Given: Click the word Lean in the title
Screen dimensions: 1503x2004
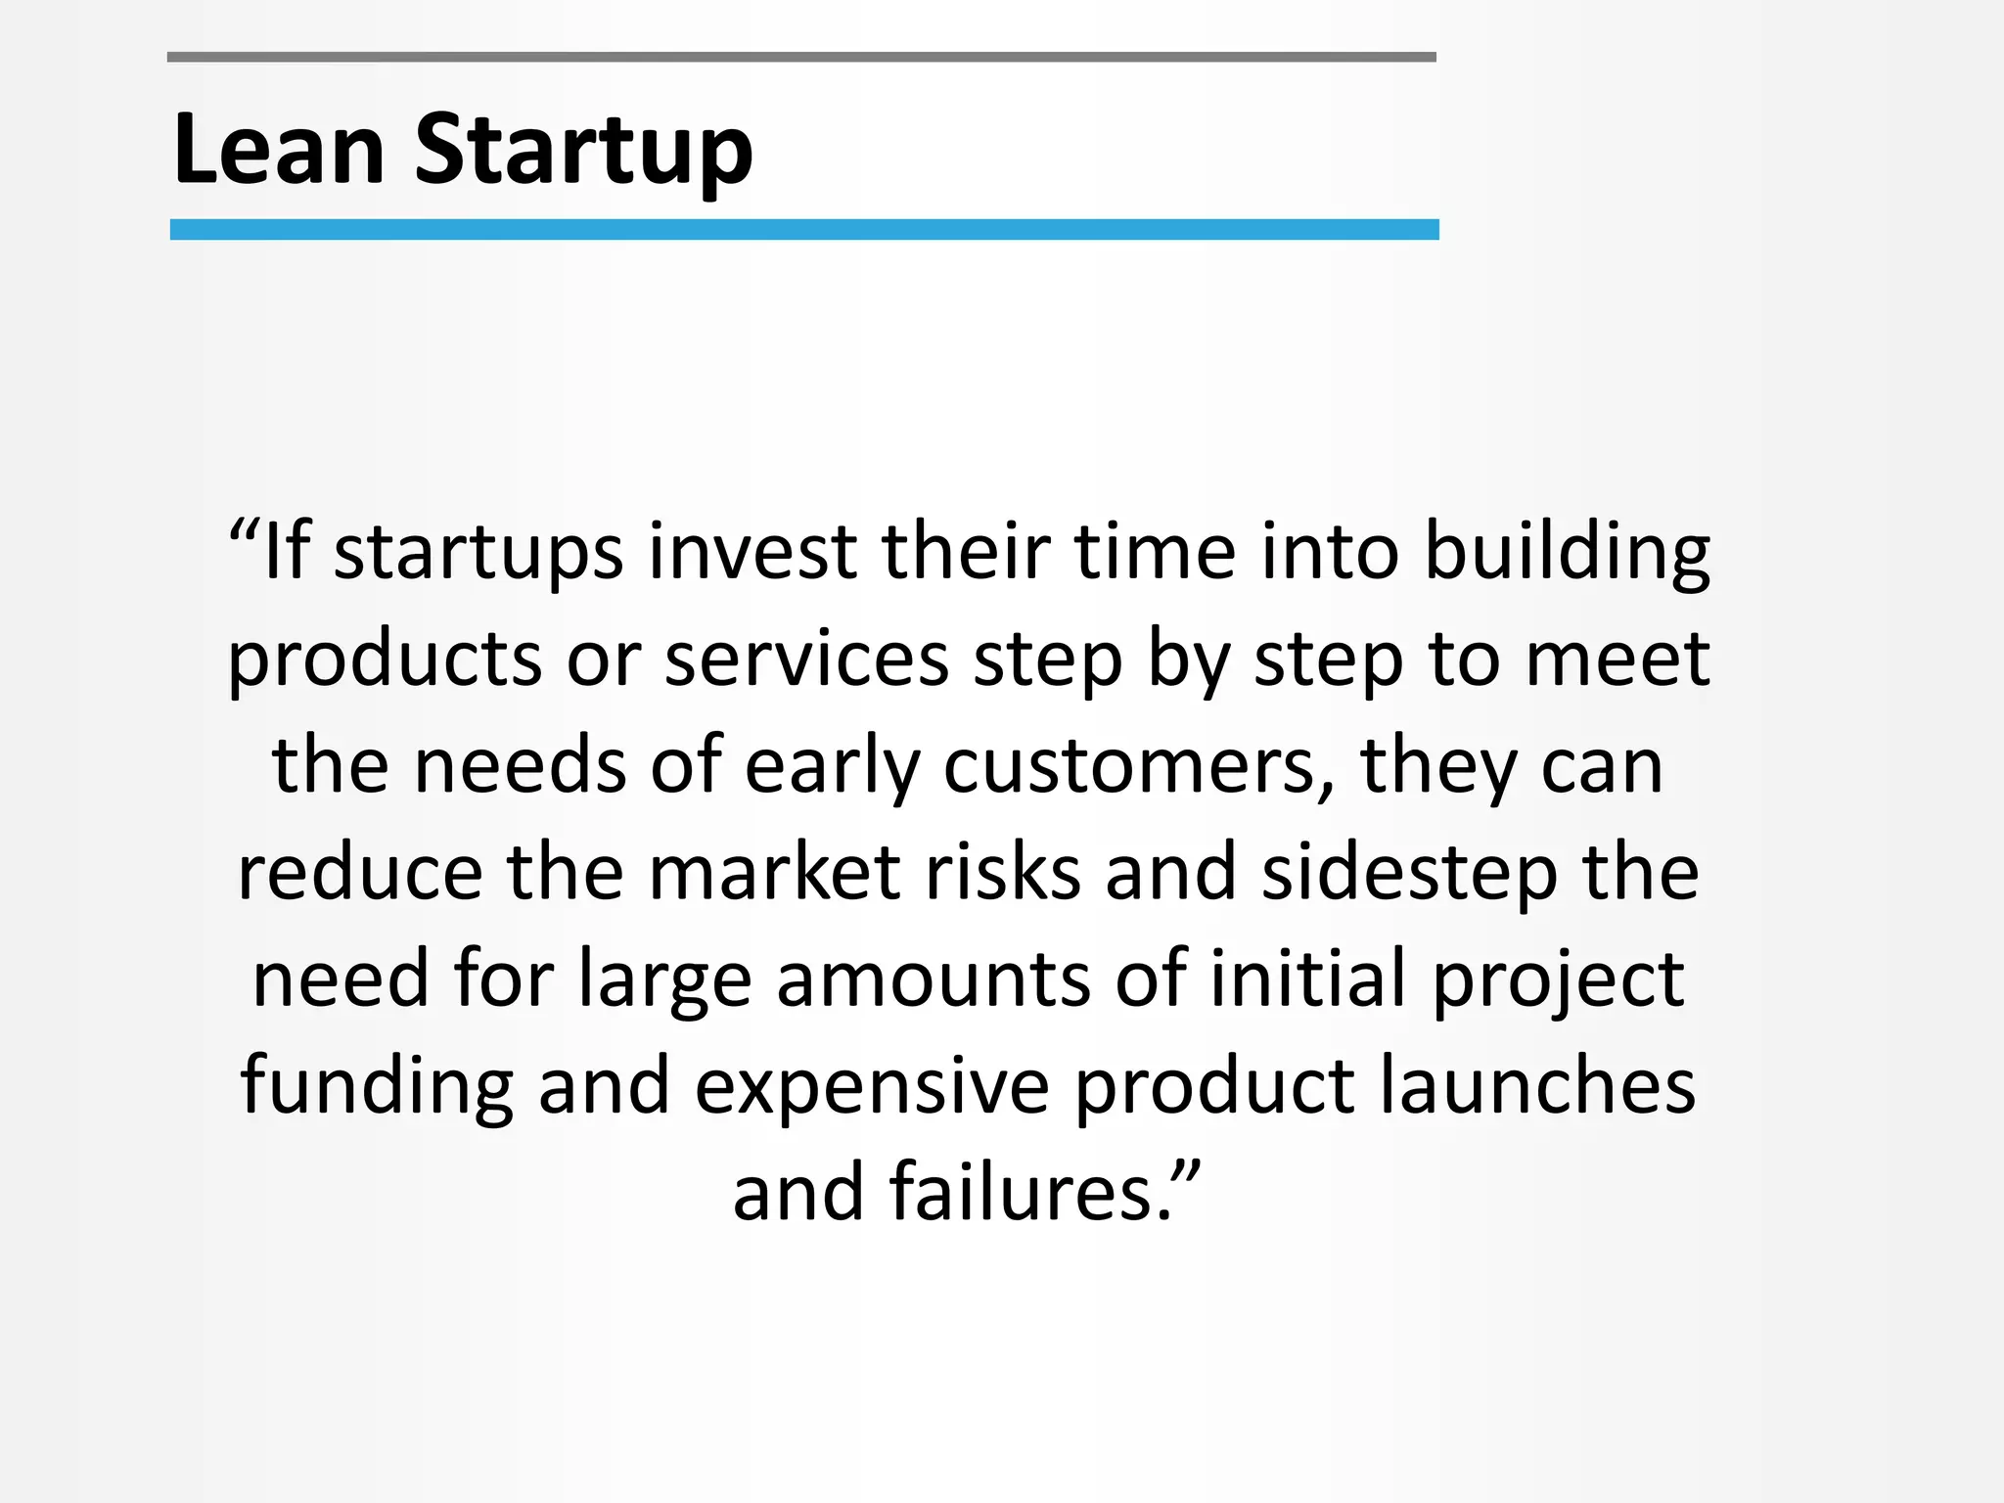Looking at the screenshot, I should pos(279,149).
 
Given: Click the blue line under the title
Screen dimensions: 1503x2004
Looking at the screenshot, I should pos(803,230).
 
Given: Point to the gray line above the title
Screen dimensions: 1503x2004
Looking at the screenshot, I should pos(801,58).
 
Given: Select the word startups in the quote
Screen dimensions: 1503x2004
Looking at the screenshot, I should pos(478,554).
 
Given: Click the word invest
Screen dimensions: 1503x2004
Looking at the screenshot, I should pos(752,552).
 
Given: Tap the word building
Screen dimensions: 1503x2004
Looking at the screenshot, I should pos(1567,554).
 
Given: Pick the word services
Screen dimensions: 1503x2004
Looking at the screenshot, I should pos(807,660).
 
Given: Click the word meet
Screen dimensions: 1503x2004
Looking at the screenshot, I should pos(1617,660).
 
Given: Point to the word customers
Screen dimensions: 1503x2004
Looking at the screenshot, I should pos(1139,767).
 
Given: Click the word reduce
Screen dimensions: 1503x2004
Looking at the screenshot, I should pos(360,873).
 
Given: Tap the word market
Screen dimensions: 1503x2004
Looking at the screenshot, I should pos(774,873).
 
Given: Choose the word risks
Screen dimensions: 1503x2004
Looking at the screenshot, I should pos(1003,873).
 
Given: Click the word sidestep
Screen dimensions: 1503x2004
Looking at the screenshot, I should pos(1409,875).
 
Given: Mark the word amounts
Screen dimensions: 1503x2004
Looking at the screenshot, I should pos(934,979).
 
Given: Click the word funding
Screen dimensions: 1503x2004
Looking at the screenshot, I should pos(377,1087).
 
